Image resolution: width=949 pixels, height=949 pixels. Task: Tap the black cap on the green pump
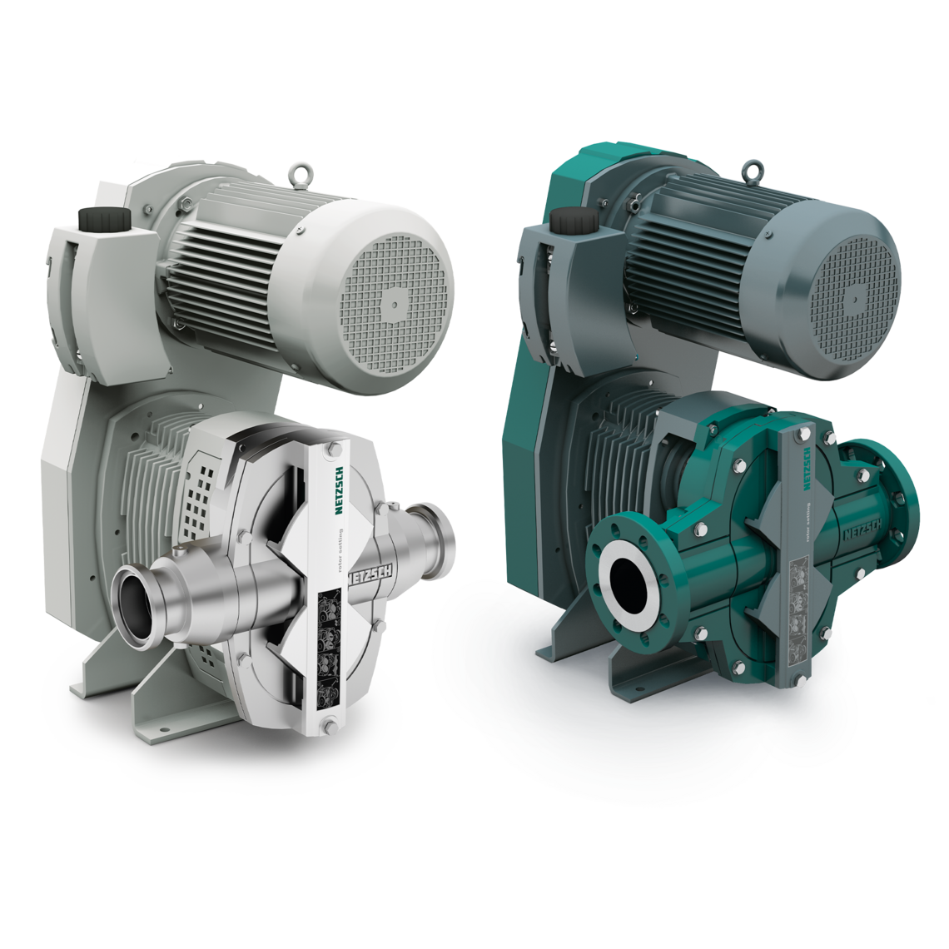pos(568,222)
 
